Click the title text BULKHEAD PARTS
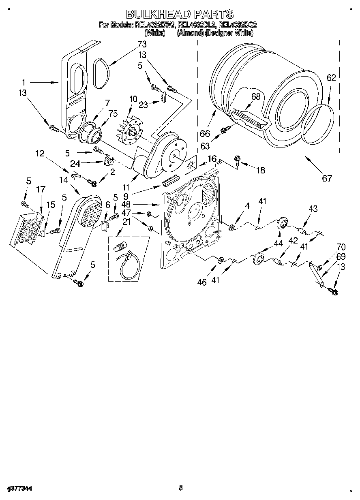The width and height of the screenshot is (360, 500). (180, 14)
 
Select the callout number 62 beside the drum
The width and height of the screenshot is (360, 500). (331, 78)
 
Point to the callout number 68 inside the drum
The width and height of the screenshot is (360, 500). (255, 96)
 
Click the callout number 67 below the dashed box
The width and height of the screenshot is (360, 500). (327, 178)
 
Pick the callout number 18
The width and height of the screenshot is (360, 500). (260, 170)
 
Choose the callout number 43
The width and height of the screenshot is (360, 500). (313, 209)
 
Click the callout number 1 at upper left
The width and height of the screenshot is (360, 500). (23, 81)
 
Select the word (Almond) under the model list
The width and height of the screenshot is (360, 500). (190, 33)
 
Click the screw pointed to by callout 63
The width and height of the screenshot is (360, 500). (223, 130)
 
